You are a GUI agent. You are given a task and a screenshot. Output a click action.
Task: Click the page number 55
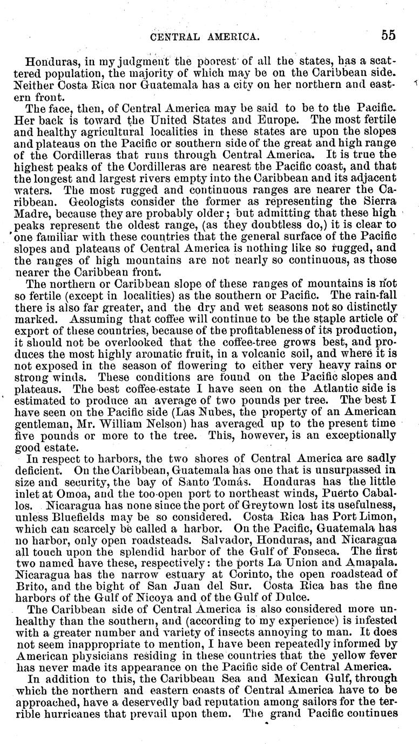(388, 35)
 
